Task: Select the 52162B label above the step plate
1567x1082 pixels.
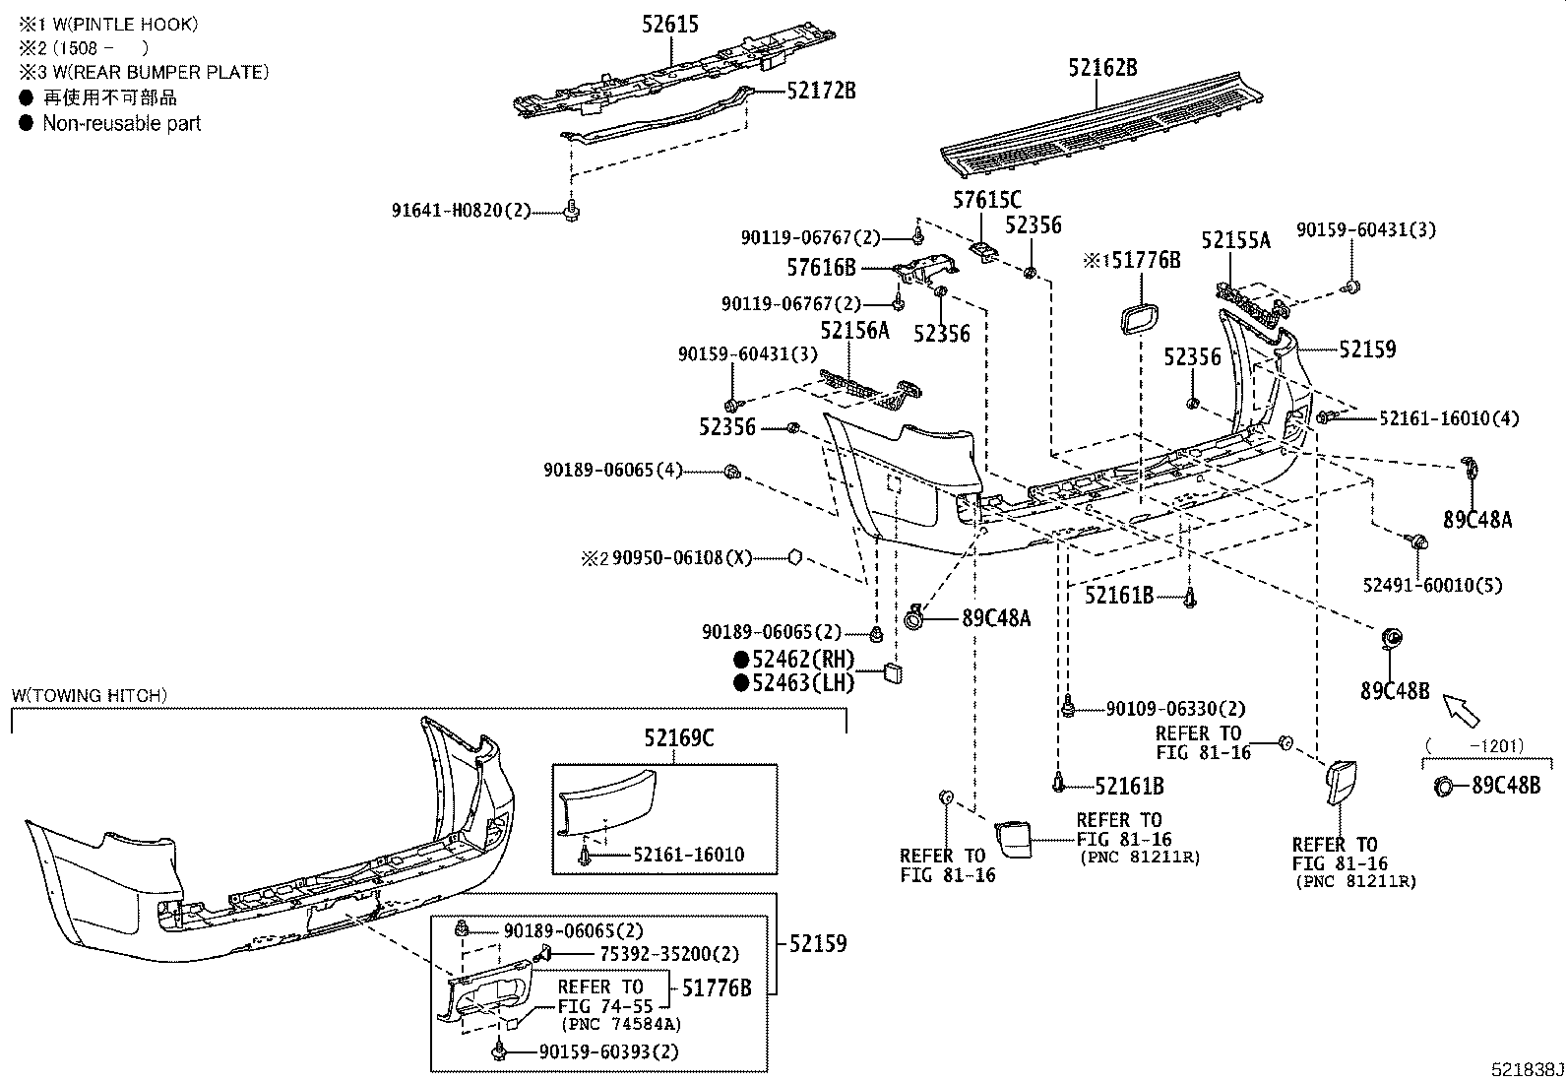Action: (x=1102, y=67)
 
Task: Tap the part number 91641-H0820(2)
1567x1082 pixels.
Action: (x=462, y=210)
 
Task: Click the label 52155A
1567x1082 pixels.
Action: (x=1235, y=240)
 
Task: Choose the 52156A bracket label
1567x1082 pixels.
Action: (x=854, y=331)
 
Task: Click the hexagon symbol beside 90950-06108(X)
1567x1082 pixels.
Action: (x=795, y=558)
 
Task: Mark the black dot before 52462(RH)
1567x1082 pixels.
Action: (x=740, y=660)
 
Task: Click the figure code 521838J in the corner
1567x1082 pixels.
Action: (x=1525, y=1069)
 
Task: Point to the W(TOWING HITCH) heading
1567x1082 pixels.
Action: (x=90, y=695)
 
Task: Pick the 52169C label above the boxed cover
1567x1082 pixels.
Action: (x=679, y=736)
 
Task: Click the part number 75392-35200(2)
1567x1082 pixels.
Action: (x=668, y=954)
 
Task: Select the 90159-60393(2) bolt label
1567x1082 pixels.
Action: (x=608, y=1051)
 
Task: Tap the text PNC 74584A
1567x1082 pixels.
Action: (x=622, y=1024)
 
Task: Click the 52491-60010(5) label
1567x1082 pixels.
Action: (x=1432, y=585)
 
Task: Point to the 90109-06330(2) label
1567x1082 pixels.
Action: (x=1175, y=708)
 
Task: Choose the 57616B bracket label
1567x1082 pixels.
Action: (x=821, y=267)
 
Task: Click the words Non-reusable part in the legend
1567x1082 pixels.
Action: (x=121, y=123)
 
